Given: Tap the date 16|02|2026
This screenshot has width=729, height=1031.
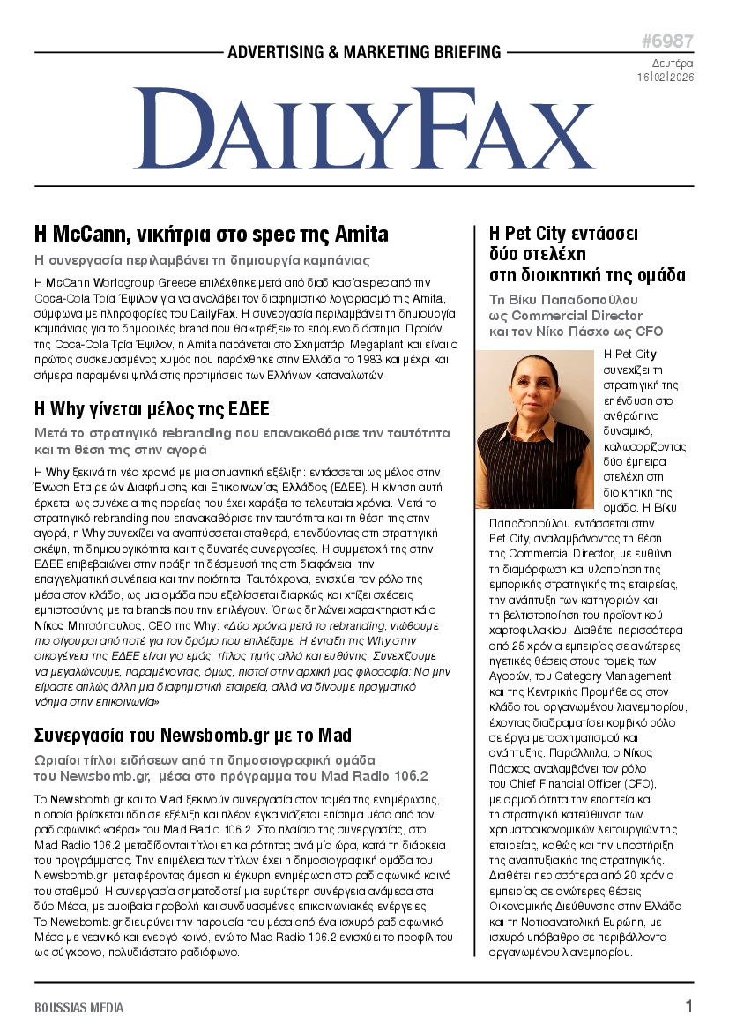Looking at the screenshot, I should pyautogui.click(x=665, y=77).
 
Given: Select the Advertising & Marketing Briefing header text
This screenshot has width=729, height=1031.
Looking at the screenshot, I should pyautogui.click(x=364, y=53).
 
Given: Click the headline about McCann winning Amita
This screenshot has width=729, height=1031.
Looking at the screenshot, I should pyautogui.click(x=211, y=235).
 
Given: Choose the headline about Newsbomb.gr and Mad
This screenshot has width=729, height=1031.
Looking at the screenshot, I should pyautogui.click(x=192, y=735).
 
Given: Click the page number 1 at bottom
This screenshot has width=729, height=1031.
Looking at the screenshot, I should pyautogui.click(x=688, y=1006).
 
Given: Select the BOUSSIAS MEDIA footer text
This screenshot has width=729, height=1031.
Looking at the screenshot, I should pyautogui.click(x=79, y=1007).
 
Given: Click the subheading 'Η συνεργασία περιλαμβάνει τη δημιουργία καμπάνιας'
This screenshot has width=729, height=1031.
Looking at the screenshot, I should pyautogui.click(x=201, y=260).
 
